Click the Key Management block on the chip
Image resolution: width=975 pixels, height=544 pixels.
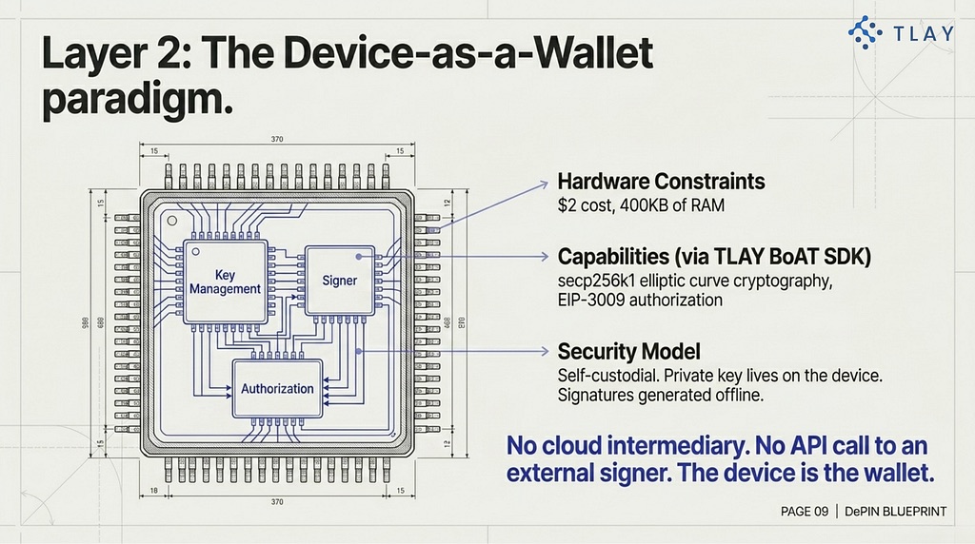coord(225,282)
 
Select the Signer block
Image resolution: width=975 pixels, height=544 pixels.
coord(340,280)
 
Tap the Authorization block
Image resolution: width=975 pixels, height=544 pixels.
coord(277,389)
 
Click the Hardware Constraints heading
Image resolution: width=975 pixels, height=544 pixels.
coord(661,182)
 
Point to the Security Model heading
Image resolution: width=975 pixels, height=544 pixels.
coord(628,352)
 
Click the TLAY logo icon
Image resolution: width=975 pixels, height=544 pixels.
coord(865,32)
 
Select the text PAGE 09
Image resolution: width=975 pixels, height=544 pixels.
coord(805,512)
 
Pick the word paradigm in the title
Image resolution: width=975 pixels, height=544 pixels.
coord(137,99)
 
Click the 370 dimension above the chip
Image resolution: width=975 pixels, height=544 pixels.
coord(277,139)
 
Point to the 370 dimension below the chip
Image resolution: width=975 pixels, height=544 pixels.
coord(277,502)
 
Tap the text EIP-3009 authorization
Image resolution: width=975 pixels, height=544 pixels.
coord(640,301)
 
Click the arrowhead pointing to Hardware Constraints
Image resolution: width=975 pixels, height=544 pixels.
coord(544,184)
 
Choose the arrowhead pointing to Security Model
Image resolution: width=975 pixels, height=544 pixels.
coord(544,352)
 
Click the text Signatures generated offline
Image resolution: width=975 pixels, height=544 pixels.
coord(661,395)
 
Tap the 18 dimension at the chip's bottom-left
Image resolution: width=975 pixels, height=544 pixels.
coord(153,491)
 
